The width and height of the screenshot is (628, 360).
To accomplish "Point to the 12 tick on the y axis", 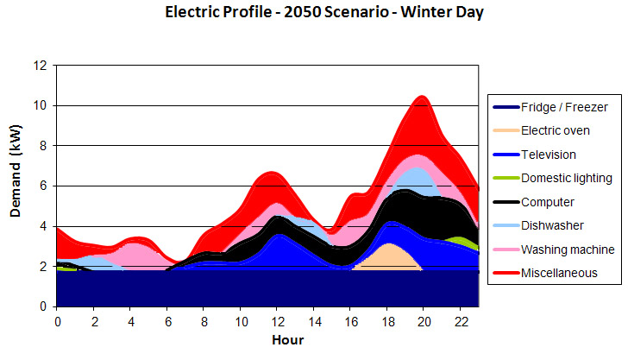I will [40, 66].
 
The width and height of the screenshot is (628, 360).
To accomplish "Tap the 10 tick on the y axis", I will [40, 105].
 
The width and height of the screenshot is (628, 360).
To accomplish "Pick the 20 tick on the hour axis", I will [423, 321].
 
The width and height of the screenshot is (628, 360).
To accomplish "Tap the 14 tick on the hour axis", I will [313, 321].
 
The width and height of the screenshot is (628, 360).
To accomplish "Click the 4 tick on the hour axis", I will [130, 321].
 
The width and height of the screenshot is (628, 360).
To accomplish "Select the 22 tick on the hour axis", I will [459, 321].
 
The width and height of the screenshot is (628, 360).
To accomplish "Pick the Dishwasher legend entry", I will [551, 226].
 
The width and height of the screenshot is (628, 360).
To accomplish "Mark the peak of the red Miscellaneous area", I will [422, 96].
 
